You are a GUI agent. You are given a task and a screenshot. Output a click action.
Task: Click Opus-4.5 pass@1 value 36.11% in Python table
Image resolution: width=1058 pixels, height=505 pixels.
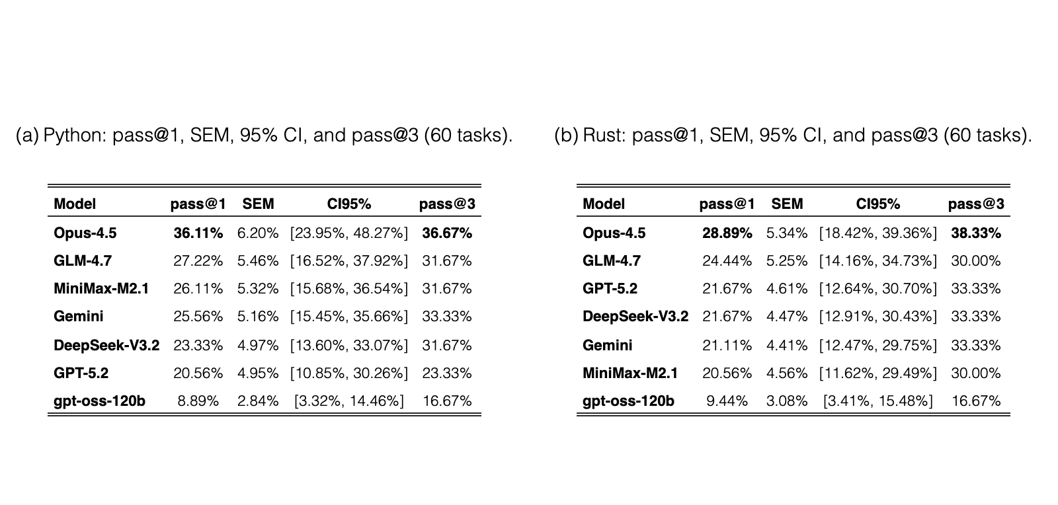click(x=198, y=233)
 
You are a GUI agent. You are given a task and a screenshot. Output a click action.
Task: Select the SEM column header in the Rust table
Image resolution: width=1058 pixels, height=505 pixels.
click(x=787, y=204)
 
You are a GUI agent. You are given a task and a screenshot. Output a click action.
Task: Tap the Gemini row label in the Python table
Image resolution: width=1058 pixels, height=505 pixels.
click(x=79, y=316)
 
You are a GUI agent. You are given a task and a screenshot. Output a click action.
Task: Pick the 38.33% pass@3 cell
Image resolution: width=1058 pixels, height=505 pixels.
click(x=976, y=233)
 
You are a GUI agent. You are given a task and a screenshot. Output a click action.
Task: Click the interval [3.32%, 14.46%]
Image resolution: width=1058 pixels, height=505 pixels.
click(x=349, y=401)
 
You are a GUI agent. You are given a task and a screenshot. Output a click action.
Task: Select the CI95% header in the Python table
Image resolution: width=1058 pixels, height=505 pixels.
click(x=349, y=204)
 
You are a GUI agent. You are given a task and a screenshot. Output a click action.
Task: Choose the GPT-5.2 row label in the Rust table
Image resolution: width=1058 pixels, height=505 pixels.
click(x=610, y=288)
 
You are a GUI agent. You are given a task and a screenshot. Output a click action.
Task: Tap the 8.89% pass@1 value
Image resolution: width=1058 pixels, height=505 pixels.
click(x=198, y=401)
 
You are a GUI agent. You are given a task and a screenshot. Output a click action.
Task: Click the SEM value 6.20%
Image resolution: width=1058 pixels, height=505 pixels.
click(x=258, y=233)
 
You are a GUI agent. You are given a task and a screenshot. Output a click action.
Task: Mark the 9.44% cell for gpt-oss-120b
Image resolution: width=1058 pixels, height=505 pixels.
click(x=727, y=401)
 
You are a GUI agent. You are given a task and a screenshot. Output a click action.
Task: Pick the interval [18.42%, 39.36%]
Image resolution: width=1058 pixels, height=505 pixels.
click(x=878, y=233)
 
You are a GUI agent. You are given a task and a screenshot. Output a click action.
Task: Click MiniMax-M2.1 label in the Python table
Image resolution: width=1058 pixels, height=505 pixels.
click(x=101, y=288)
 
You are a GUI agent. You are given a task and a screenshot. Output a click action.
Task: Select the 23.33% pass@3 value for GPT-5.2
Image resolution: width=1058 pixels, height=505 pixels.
click(x=447, y=373)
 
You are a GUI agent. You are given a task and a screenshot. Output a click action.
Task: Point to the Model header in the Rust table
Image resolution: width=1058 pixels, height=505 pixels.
click(x=604, y=204)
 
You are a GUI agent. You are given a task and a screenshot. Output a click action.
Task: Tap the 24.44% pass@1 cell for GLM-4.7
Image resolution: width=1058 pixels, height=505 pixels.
click(x=727, y=261)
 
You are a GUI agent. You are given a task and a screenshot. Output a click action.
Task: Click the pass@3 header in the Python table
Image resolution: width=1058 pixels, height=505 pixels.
click(x=447, y=204)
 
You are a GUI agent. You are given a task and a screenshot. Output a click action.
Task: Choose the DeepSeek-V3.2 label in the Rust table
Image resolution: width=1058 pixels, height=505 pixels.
click(x=635, y=316)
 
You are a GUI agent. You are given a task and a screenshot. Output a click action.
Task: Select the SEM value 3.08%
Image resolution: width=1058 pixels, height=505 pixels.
click(x=787, y=401)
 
